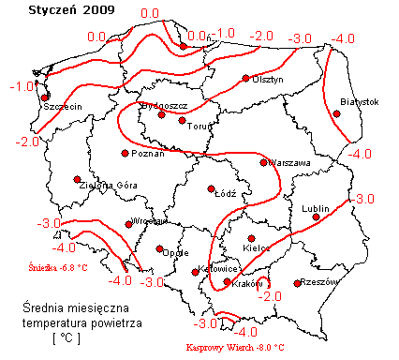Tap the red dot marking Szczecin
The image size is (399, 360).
click(44, 96)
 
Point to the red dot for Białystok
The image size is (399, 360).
click(337, 113)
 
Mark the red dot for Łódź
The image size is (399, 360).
click(212, 187)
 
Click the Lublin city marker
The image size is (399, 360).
click(317, 217)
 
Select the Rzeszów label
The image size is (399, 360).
click(319, 280)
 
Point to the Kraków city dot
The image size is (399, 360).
click(227, 281)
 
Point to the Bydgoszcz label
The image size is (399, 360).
click(163, 105)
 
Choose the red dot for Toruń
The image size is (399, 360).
click(183, 119)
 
